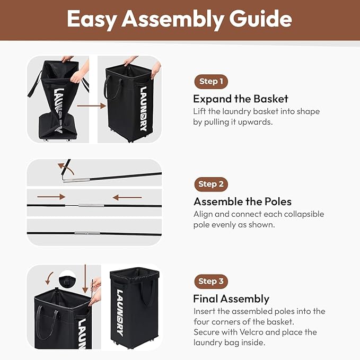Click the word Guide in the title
point(260,19)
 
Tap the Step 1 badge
point(211,82)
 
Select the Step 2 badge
point(211,184)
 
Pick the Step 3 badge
point(211,282)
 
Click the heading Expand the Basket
point(240,99)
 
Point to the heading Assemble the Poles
point(242,201)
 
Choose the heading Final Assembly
point(231,299)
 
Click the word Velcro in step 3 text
point(251,332)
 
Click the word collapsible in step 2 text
point(304,214)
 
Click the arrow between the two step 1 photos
point(91,106)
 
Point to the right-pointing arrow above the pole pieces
point(51,197)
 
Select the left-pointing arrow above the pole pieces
point(127,197)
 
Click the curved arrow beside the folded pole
point(67,168)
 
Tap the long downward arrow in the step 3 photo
point(85,279)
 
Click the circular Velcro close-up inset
point(67,279)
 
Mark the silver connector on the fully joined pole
point(87,233)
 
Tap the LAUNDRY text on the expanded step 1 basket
point(143,109)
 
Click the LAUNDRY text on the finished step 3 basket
point(120,312)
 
